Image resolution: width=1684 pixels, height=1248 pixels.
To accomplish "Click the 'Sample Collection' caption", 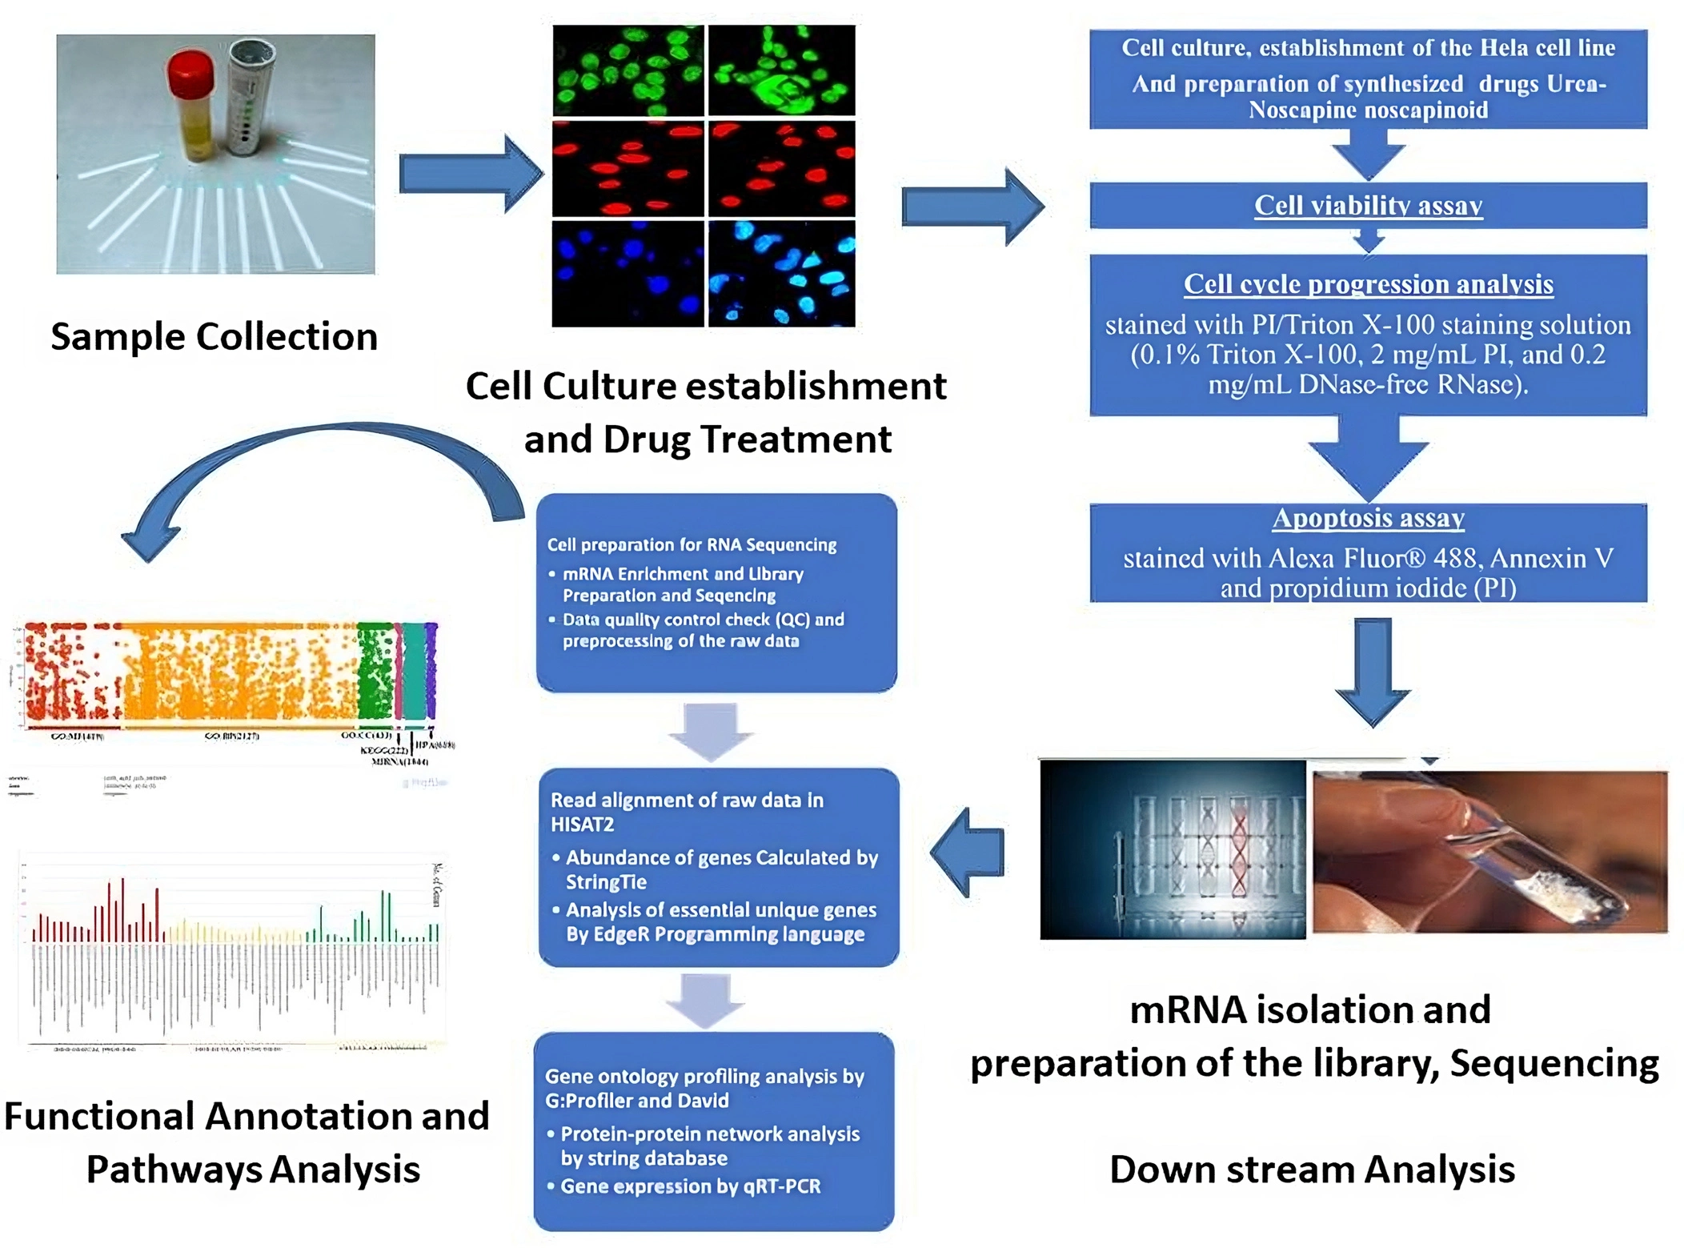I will [214, 336].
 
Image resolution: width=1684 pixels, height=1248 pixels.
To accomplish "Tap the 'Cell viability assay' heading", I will [1367, 206].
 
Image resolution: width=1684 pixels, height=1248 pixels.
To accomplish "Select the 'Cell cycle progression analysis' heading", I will [1367, 284].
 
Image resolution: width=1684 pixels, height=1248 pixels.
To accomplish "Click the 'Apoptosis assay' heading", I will [1367, 518].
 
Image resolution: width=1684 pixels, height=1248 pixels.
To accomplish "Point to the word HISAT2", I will [582, 825].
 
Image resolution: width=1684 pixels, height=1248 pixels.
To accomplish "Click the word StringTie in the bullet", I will [606, 882].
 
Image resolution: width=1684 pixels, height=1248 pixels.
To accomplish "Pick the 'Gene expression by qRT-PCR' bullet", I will [690, 1186].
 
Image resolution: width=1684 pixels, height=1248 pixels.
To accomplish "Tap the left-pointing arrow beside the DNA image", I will [968, 852].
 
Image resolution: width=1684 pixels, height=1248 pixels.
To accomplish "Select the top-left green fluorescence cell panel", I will [628, 70].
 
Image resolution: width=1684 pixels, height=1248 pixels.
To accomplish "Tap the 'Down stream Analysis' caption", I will [1311, 1170].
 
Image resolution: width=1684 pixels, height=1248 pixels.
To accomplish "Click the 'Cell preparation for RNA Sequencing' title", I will [692, 545].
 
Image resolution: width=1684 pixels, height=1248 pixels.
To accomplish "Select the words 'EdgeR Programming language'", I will [715, 934].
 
